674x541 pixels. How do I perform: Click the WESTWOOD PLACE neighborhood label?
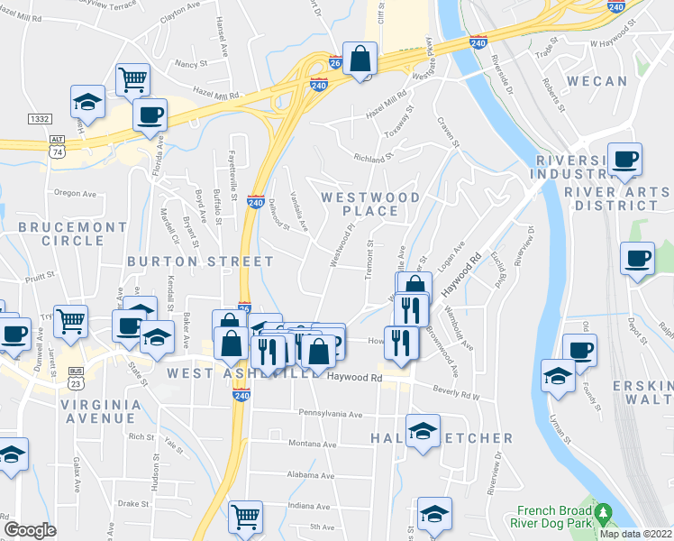tap(370, 204)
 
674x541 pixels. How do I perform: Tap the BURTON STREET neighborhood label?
tap(200, 261)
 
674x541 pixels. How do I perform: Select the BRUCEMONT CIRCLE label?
tap(60, 234)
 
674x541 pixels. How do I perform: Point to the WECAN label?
tap(597, 81)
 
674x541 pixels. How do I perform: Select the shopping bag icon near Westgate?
tap(360, 60)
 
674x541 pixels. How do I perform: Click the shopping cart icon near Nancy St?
tap(132, 78)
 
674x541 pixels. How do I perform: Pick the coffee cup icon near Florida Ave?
tap(150, 115)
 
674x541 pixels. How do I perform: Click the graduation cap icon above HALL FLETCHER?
tap(422, 432)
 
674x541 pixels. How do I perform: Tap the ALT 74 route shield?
tap(58, 145)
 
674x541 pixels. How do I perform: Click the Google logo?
tap(30, 529)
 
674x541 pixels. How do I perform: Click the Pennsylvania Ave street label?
tap(331, 415)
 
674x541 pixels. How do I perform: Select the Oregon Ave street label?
tap(75, 193)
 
